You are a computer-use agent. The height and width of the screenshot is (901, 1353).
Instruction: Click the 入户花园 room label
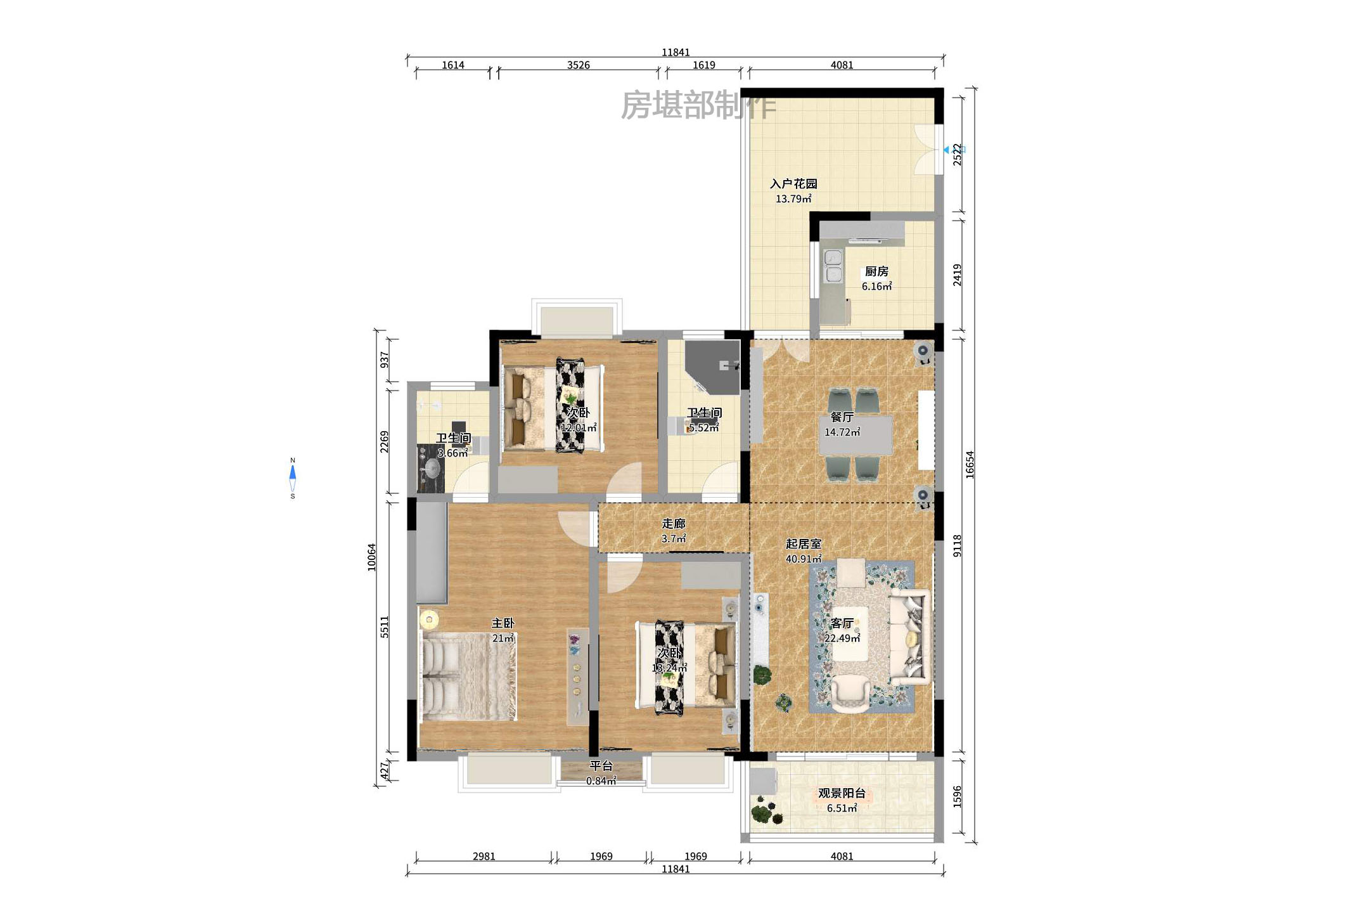click(x=793, y=184)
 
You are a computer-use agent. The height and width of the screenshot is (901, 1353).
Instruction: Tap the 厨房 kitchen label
click(x=876, y=271)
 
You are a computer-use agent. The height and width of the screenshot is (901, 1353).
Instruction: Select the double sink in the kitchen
click(x=833, y=266)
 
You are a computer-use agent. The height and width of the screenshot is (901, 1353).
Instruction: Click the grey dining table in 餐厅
click(x=856, y=435)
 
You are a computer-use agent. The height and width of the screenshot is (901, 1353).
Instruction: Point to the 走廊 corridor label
click(x=673, y=524)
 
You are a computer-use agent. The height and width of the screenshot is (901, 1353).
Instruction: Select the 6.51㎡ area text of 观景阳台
click(x=842, y=808)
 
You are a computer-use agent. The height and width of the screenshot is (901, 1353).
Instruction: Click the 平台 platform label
click(x=601, y=766)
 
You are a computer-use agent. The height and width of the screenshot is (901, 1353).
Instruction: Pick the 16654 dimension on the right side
click(x=970, y=464)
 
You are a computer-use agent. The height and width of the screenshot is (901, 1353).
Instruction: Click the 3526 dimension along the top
click(x=578, y=65)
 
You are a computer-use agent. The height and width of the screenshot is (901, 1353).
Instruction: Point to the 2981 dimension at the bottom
click(x=484, y=857)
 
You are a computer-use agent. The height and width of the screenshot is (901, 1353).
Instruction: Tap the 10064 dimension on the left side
click(x=371, y=557)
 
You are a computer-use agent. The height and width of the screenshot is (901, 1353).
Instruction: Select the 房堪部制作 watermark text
click(x=698, y=105)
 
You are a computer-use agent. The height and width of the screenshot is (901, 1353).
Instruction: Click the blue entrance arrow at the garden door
click(x=947, y=150)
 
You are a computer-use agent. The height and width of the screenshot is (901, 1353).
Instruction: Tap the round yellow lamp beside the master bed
click(x=429, y=619)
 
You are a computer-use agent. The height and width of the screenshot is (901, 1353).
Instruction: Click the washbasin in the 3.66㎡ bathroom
click(x=432, y=469)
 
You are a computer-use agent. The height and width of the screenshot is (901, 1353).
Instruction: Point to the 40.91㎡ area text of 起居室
click(x=803, y=559)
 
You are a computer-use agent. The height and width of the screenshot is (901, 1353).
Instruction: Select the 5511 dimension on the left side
click(x=384, y=626)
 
